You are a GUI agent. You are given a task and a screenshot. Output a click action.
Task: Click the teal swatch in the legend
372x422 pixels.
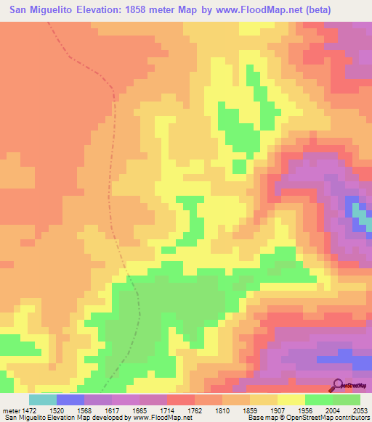(42, 400)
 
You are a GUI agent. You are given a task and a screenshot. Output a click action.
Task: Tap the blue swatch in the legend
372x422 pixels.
(70, 400)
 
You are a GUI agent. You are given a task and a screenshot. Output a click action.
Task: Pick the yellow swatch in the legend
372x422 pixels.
(291, 400)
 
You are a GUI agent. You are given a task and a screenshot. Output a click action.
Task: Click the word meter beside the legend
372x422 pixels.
(9, 410)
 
